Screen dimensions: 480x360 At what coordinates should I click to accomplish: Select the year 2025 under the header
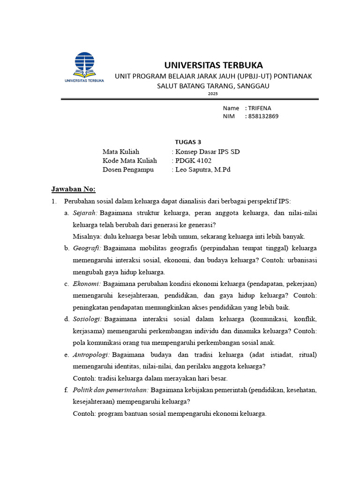[x=213, y=93]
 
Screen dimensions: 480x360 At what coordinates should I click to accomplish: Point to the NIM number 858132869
[x=263, y=116]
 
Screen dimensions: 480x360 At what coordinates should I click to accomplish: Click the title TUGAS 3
[x=187, y=142]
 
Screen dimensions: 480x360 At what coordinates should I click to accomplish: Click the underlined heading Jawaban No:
[x=73, y=189]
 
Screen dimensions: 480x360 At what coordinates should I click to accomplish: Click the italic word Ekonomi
[x=87, y=284]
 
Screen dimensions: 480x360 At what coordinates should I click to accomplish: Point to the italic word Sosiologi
[x=88, y=319]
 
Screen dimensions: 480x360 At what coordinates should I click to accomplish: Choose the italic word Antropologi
[x=91, y=355]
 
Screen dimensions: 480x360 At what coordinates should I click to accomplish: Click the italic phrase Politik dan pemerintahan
[x=111, y=390]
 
